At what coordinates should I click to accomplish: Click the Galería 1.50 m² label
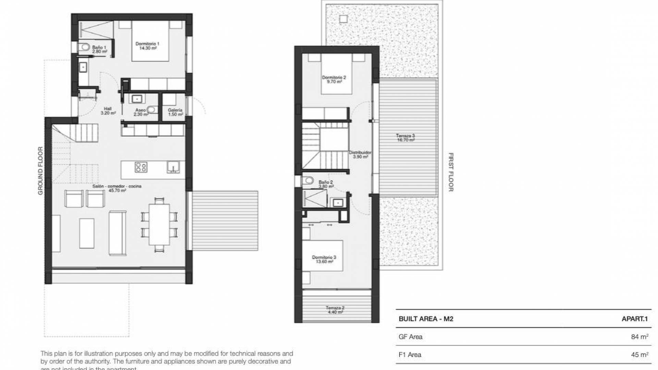click(175, 112)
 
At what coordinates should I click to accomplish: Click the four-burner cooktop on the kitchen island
click(141, 167)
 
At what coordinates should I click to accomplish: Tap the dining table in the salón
click(159, 224)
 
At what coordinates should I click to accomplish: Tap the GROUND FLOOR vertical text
click(40, 171)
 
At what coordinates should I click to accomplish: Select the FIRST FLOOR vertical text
click(451, 172)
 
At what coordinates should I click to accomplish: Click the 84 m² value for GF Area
click(639, 337)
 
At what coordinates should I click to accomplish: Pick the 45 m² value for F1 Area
click(639, 355)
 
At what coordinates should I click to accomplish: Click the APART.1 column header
click(635, 319)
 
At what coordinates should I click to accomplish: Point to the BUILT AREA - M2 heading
click(426, 319)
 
